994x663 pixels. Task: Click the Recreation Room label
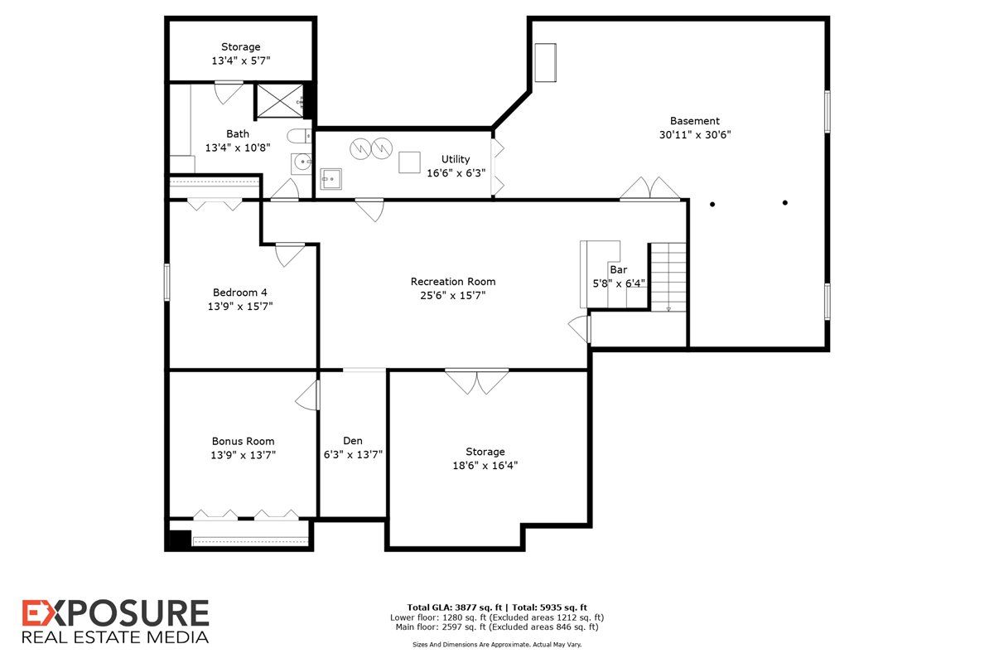[x=452, y=282]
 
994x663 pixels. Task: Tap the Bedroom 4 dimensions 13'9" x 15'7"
[x=240, y=307]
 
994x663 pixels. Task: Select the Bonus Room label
[x=244, y=442]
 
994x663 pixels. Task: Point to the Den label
[x=353, y=441]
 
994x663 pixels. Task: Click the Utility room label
[x=456, y=159]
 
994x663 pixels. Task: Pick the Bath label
[x=238, y=133]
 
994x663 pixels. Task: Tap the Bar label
[x=618, y=269]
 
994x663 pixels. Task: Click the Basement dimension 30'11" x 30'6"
[x=695, y=135]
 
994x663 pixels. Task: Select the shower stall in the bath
[x=280, y=101]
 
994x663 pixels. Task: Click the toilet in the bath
[x=299, y=136]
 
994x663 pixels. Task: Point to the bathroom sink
[x=302, y=163]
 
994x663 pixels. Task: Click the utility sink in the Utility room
[x=331, y=179]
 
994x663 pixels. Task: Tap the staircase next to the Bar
[x=668, y=277]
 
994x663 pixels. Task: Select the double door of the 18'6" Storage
[x=476, y=381]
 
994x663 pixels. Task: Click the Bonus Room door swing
[x=307, y=395]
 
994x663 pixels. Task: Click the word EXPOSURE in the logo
[x=115, y=613]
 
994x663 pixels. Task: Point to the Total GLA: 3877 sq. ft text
[x=455, y=607]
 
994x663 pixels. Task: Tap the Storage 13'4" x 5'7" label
[x=241, y=54]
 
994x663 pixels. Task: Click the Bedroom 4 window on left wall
[x=166, y=282]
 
